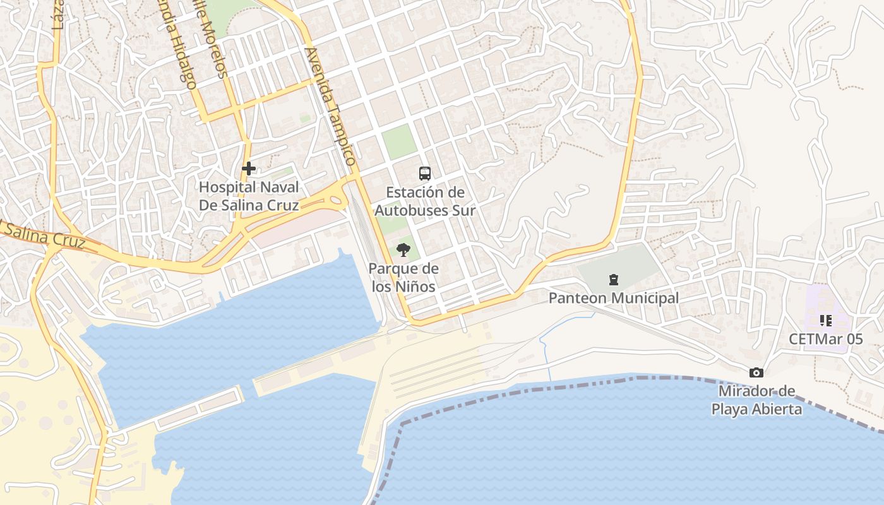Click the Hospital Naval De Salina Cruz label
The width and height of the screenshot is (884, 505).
(x=249, y=196)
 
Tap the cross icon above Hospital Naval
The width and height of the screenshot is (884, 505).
(x=249, y=169)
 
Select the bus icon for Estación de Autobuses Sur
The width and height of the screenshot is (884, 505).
(x=425, y=173)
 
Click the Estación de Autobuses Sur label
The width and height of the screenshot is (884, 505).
(x=425, y=201)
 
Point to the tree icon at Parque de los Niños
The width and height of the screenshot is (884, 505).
(x=403, y=251)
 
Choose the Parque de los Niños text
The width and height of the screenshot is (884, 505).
(x=403, y=277)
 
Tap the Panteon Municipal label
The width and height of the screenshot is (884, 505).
(x=614, y=298)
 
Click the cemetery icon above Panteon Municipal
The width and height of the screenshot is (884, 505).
(x=612, y=279)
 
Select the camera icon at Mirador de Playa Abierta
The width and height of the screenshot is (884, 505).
(x=756, y=373)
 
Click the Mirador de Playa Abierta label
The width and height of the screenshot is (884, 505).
(x=756, y=400)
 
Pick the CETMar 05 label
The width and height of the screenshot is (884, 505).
(x=825, y=339)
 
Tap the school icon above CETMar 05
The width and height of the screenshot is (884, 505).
(x=825, y=321)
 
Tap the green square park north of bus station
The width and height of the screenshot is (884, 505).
(x=399, y=142)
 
